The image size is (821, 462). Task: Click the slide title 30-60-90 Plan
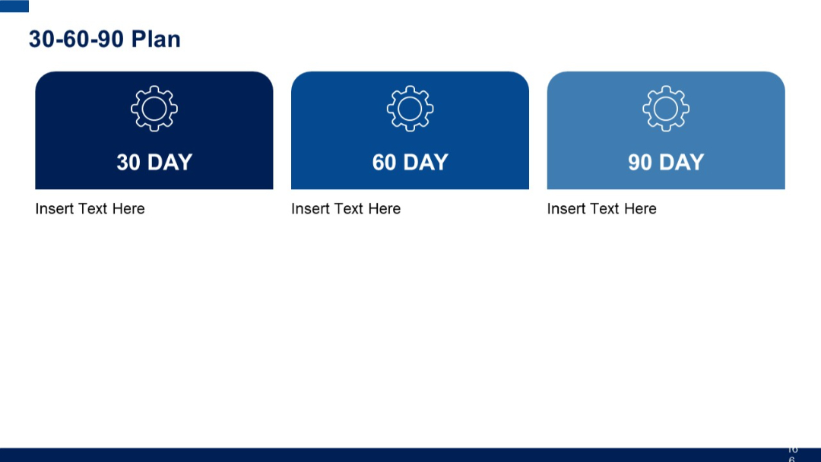click(104, 39)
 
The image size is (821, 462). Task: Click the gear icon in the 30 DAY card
click(154, 109)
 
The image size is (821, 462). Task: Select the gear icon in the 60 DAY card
click(410, 109)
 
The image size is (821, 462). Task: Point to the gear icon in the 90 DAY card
click(666, 109)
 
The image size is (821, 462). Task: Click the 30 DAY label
click(154, 162)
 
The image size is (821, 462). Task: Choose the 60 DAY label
click(410, 162)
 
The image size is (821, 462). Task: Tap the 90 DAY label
click(666, 162)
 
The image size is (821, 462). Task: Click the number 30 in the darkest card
click(128, 162)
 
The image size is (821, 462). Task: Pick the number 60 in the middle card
click(385, 162)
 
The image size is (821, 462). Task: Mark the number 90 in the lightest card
click(640, 162)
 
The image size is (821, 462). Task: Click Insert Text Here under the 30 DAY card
click(90, 209)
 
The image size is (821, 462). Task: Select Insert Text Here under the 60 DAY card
click(346, 209)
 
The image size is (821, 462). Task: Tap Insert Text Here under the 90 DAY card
click(601, 209)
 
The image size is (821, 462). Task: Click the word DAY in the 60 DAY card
click(426, 162)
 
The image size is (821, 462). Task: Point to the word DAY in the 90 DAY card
click(682, 162)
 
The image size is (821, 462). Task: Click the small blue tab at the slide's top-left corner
click(14, 6)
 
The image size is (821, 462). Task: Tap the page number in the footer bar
click(792, 454)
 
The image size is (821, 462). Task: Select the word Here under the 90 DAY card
click(640, 209)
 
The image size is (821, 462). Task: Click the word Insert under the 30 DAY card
click(55, 209)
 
